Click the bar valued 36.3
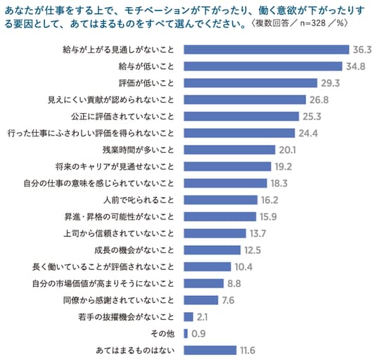[267, 49]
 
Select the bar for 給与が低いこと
[263, 66]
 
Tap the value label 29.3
[331, 83]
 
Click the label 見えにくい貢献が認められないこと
[111, 100]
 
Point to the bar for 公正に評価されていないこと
[241, 116]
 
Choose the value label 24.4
[308, 133]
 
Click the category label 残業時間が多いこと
[139, 150]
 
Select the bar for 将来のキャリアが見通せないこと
[227, 167]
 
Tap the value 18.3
[279, 184]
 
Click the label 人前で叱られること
[139, 200]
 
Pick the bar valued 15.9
[220, 217]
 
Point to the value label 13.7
[257, 233]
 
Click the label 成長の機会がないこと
[134, 250]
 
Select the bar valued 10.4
[207, 266]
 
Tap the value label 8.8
[234, 283]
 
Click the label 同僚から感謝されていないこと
[119, 300]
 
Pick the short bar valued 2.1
[188, 317]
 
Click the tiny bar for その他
[186, 333]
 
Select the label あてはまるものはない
[135, 350]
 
